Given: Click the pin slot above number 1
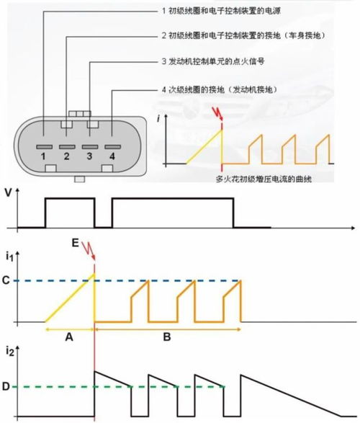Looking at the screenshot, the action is [x=45, y=147].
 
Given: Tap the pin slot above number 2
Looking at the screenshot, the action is [x=67, y=147].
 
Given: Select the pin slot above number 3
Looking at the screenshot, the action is [x=90, y=147].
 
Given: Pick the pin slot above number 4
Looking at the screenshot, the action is [x=113, y=147].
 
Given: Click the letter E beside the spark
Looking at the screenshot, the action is [x=76, y=244].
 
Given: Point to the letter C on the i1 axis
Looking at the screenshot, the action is [x=6, y=280].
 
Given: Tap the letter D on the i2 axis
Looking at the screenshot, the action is [x=6, y=386].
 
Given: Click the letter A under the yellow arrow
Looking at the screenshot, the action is [x=69, y=337].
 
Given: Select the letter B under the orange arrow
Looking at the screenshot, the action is [x=167, y=337].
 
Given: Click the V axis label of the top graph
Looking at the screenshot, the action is [x=9, y=192].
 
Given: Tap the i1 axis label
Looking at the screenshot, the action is [x=9, y=257].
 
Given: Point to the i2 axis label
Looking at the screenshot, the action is [x=9, y=351].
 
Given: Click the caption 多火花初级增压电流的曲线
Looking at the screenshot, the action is [x=264, y=179].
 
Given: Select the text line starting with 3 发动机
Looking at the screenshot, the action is [x=213, y=61].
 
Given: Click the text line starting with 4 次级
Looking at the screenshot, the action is [x=220, y=89].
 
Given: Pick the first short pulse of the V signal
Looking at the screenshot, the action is [x=70, y=199].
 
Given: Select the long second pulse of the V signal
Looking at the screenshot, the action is [x=173, y=199].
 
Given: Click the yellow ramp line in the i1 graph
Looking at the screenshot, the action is [x=70, y=298].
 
